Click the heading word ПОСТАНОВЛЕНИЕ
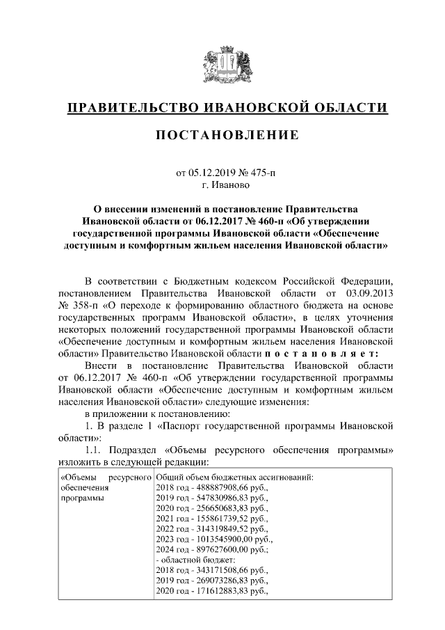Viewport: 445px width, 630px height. point(222,134)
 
